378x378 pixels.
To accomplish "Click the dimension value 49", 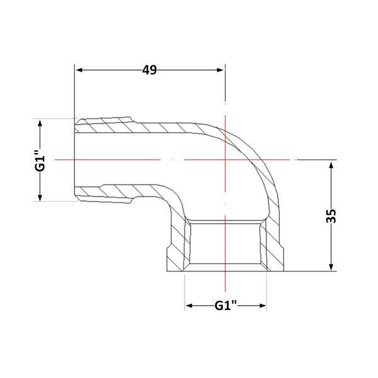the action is [x=149, y=70].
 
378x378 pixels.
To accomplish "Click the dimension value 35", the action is [x=331, y=215].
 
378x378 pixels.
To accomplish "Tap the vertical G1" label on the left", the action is [x=40, y=161].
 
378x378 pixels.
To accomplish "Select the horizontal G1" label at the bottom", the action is [x=226, y=306].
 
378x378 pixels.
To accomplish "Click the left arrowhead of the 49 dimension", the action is [x=79, y=70].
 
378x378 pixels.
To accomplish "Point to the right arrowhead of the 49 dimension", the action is [x=220, y=70].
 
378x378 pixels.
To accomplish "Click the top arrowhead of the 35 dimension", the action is [x=331, y=165].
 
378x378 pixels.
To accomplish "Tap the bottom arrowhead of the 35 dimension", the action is [x=331, y=266].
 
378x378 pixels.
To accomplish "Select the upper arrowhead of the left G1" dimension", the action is [x=40, y=123].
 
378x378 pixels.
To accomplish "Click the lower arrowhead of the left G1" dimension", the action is [x=40, y=197].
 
